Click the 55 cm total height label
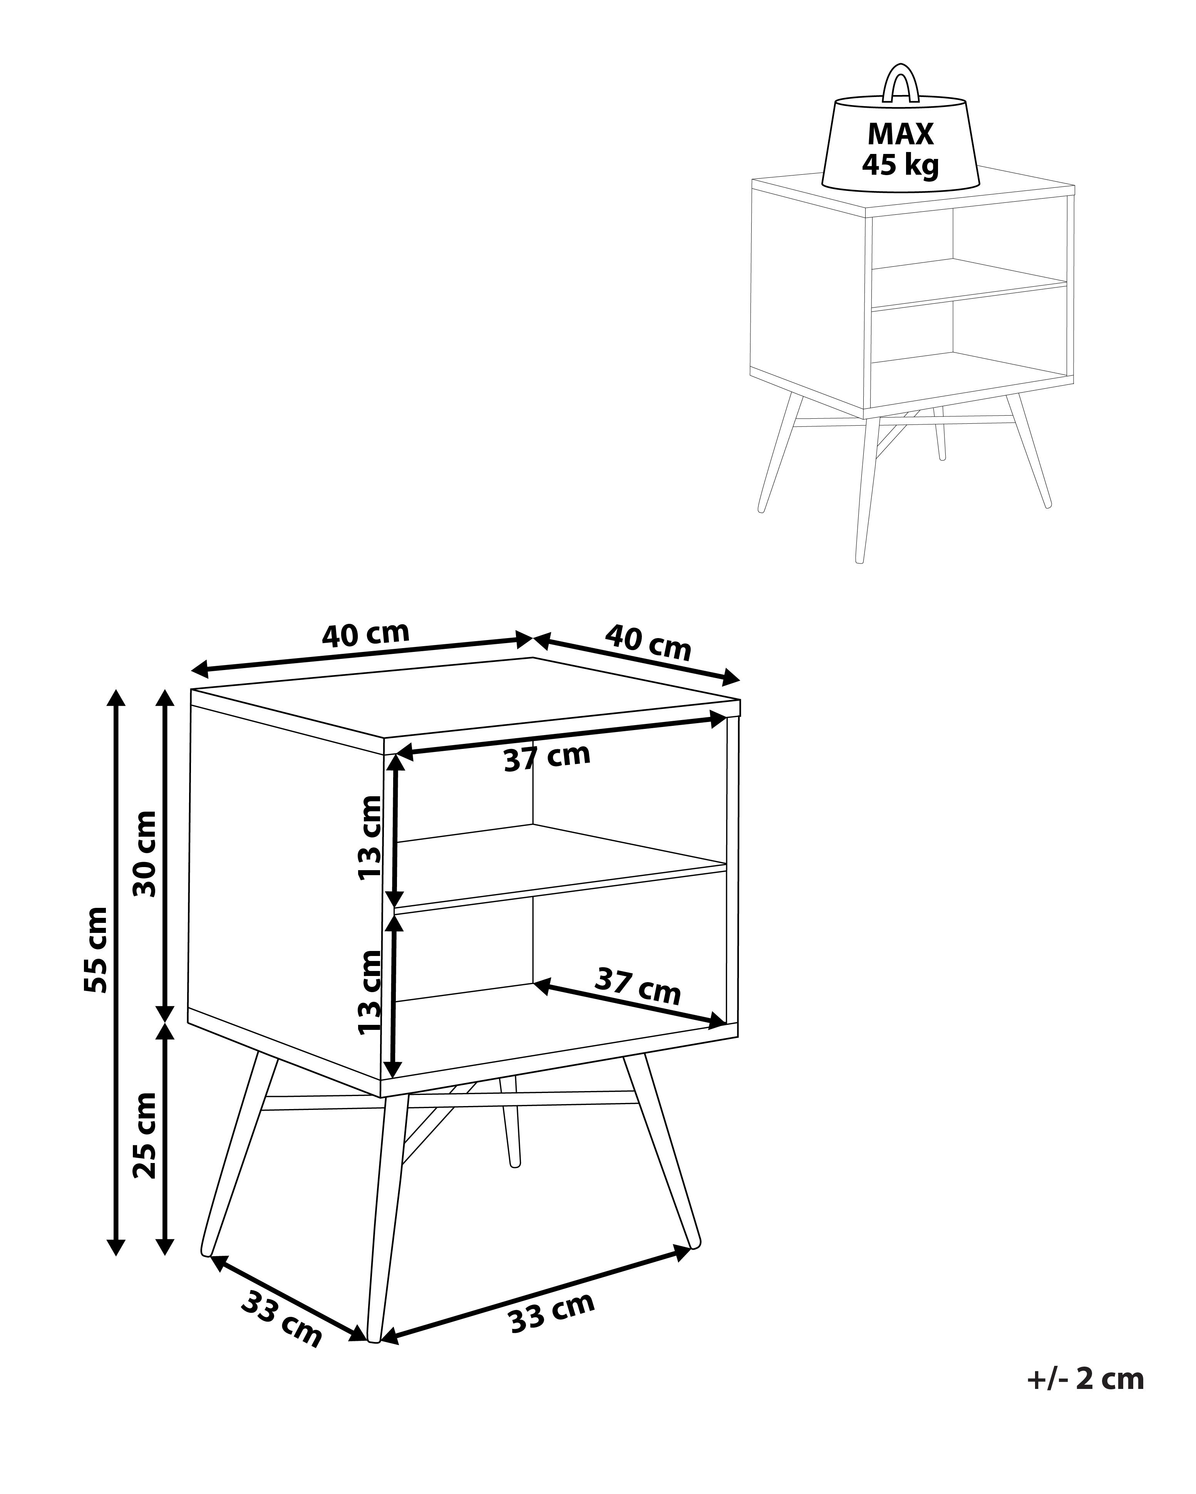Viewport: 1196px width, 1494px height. click(95, 949)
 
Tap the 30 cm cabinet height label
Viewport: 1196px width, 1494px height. click(144, 853)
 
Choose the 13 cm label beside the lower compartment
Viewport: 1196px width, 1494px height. click(370, 992)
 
